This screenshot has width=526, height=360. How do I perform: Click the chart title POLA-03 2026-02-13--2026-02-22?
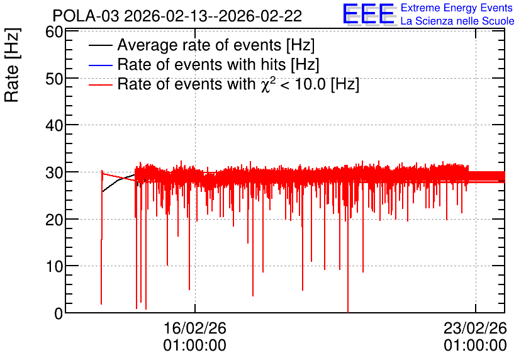177,16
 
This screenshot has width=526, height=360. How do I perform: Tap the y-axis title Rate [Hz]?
12,65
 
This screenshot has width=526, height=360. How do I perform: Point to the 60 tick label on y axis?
54,32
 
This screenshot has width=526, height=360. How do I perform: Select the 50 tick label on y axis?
54,79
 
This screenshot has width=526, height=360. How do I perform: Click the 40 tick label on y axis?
54,125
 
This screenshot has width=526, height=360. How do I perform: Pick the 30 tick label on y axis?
54,172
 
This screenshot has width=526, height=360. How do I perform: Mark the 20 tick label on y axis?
54,220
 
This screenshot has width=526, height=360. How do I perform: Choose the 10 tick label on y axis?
54,266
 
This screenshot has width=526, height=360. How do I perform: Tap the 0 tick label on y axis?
59,313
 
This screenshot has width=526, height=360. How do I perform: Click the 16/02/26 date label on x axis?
195,328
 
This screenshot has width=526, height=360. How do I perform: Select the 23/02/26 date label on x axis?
475,328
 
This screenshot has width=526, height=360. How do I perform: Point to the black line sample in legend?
100,45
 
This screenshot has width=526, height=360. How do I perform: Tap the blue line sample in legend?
100,65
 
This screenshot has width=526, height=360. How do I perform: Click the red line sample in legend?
100,84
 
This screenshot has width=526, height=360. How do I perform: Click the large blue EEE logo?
369,14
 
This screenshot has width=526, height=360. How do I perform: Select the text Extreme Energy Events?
457,8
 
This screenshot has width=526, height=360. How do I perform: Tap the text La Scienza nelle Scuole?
457,21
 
